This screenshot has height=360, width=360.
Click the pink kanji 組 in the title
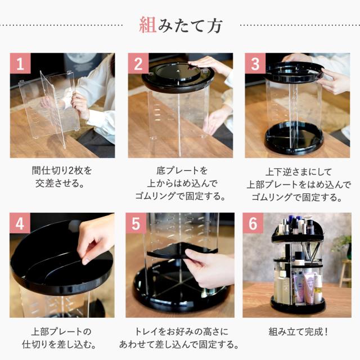tap(147, 25)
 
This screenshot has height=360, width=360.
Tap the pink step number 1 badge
tap(20, 64)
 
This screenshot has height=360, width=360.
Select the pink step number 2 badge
tap(138, 64)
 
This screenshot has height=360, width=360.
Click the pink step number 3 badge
tap(255, 64)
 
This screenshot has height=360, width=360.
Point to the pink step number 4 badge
tap(20, 223)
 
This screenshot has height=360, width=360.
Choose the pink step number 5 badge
tap(136, 223)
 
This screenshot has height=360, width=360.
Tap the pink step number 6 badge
tap(253, 223)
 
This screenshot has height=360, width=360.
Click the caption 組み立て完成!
tap(298, 332)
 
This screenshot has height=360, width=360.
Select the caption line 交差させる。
tap(60, 183)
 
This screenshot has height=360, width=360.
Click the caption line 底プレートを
tap(182, 170)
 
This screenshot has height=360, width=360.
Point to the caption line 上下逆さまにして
tap(299, 172)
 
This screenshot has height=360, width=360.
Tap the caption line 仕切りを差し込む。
tap(60, 344)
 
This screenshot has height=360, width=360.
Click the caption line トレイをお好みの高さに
tap(181, 332)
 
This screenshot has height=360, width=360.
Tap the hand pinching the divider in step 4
tap(95, 238)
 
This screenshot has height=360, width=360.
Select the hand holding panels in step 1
tap(80, 105)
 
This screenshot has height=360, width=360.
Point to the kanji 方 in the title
tap(214, 25)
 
